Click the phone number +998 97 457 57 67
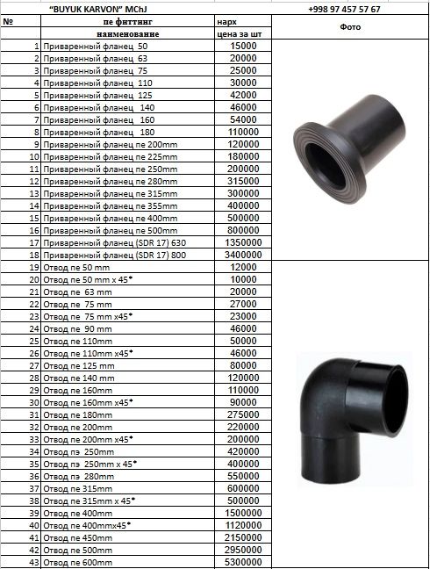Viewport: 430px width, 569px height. (x=344, y=9)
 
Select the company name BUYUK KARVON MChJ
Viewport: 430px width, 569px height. (x=98, y=9)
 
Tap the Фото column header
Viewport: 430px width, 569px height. (x=350, y=27)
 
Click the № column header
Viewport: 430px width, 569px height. (x=8, y=21)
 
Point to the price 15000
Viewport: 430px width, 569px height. (x=243, y=46)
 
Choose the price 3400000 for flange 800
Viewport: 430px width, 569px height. (x=243, y=255)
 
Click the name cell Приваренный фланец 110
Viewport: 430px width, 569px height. (x=98, y=83)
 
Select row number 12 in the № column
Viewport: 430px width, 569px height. (x=34, y=182)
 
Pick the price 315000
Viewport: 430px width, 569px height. (x=243, y=181)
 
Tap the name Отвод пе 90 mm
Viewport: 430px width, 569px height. (x=77, y=329)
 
